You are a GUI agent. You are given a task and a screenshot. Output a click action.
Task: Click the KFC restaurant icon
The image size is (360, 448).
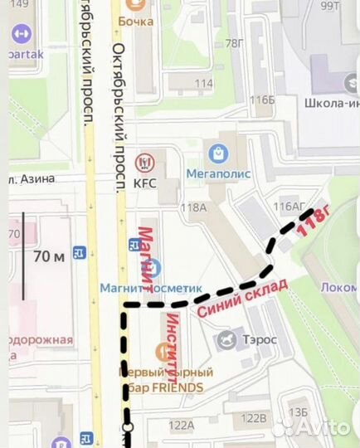(x=144, y=160)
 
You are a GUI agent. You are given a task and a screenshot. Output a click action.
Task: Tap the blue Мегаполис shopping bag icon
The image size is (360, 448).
(x=218, y=153)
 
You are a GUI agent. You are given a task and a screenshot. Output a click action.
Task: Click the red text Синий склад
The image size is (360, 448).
(x=243, y=298)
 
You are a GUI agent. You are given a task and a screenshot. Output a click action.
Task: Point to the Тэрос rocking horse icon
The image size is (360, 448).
(x=226, y=338)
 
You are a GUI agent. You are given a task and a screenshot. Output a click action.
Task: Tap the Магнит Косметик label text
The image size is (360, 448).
(x=151, y=288)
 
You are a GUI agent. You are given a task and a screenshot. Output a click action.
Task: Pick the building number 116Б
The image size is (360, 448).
(x=263, y=100)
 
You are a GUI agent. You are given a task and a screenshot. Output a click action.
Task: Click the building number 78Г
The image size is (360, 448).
(x=235, y=43)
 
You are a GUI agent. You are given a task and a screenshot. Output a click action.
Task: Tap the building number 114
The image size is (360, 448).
(x=203, y=83)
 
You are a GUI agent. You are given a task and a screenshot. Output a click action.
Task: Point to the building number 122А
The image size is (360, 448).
(x=180, y=424)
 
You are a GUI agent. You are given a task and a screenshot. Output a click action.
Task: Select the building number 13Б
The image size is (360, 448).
(x=298, y=412)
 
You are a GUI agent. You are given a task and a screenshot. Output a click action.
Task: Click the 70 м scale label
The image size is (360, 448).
(x=48, y=256)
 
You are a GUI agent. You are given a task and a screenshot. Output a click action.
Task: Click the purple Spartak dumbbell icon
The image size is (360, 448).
(x=22, y=34)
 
